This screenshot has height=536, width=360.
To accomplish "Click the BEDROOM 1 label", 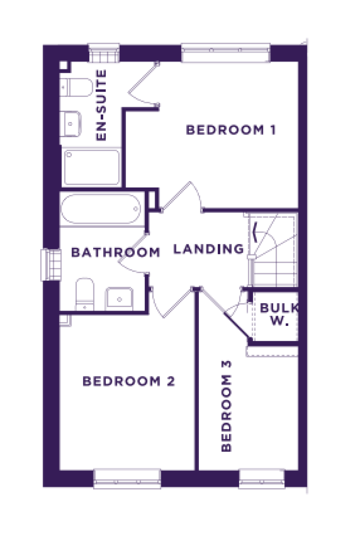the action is [x=231, y=130].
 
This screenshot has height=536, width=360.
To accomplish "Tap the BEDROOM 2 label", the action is [x=129, y=381].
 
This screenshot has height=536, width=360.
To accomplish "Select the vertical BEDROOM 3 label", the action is [x=226, y=406].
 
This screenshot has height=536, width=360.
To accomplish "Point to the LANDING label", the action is [x=209, y=249].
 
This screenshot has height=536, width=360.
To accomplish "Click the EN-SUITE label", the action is [x=101, y=105].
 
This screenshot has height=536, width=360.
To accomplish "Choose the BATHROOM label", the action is [x=116, y=252].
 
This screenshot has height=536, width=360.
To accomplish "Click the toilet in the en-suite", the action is [x=76, y=87].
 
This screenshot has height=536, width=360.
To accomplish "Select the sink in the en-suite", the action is [x=70, y=124].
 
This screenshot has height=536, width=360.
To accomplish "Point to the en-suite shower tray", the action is [x=92, y=167].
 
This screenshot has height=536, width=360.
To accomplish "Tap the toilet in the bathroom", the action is [x=85, y=294].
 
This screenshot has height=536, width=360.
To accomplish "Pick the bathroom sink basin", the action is [x=119, y=299].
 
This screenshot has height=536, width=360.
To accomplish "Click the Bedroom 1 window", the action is [x=226, y=53].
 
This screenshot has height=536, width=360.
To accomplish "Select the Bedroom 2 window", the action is [x=127, y=479].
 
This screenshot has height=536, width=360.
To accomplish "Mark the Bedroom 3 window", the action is [x=262, y=479].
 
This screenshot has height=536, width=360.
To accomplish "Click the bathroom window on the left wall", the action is [x=51, y=265].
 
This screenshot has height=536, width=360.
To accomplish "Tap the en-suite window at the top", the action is [x=104, y=53].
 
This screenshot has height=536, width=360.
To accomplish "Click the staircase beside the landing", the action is [x=273, y=250].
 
